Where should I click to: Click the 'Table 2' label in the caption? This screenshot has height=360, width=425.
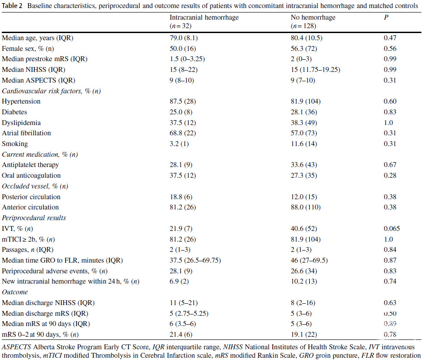click(x=12, y=6)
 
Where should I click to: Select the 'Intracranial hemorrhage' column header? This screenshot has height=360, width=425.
click(x=204, y=17)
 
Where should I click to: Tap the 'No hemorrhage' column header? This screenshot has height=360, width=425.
click(x=313, y=17)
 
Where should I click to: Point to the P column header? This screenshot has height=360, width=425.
click(x=386, y=17)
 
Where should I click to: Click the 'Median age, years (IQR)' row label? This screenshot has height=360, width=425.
click(x=37, y=38)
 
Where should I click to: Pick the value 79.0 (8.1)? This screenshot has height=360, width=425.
click(x=184, y=38)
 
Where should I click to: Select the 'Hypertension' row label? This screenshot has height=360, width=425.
click(x=21, y=101)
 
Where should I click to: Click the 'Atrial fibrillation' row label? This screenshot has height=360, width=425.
click(x=26, y=133)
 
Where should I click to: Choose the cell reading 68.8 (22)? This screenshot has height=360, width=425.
click(x=183, y=133)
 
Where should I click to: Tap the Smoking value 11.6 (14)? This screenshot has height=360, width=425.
click(x=304, y=144)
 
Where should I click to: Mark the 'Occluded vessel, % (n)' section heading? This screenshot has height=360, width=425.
click(x=35, y=186)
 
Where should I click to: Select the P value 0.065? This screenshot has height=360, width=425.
click(x=392, y=229)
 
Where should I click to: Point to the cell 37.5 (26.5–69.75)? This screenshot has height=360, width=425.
click(x=195, y=260)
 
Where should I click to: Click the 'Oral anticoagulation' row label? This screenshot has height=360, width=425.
click(x=31, y=176)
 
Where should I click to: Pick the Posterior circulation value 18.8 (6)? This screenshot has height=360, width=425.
click(x=181, y=197)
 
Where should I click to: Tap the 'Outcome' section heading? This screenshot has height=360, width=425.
click(x=15, y=292)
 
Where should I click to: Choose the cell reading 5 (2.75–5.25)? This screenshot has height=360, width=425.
click(x=189, y=314)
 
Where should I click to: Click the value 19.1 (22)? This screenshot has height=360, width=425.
click(x=304, y=335)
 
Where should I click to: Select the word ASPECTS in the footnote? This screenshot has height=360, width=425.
click(x=16, y=347)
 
